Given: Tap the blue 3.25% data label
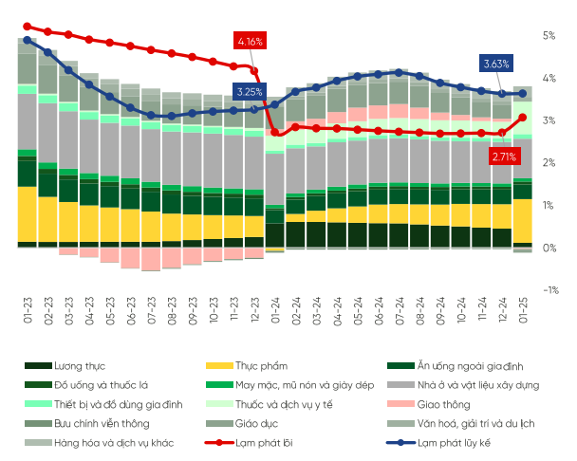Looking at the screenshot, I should point(250,92).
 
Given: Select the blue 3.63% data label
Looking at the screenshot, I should point(496,64).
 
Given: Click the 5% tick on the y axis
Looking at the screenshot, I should point(549,35).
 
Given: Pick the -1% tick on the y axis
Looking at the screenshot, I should point(548,290).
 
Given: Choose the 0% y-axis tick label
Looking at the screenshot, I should point(549,248).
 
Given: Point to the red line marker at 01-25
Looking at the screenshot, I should point(523,118).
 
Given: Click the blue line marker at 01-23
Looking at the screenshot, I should point(27,40).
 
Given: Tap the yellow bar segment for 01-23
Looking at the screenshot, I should point(27,213).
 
